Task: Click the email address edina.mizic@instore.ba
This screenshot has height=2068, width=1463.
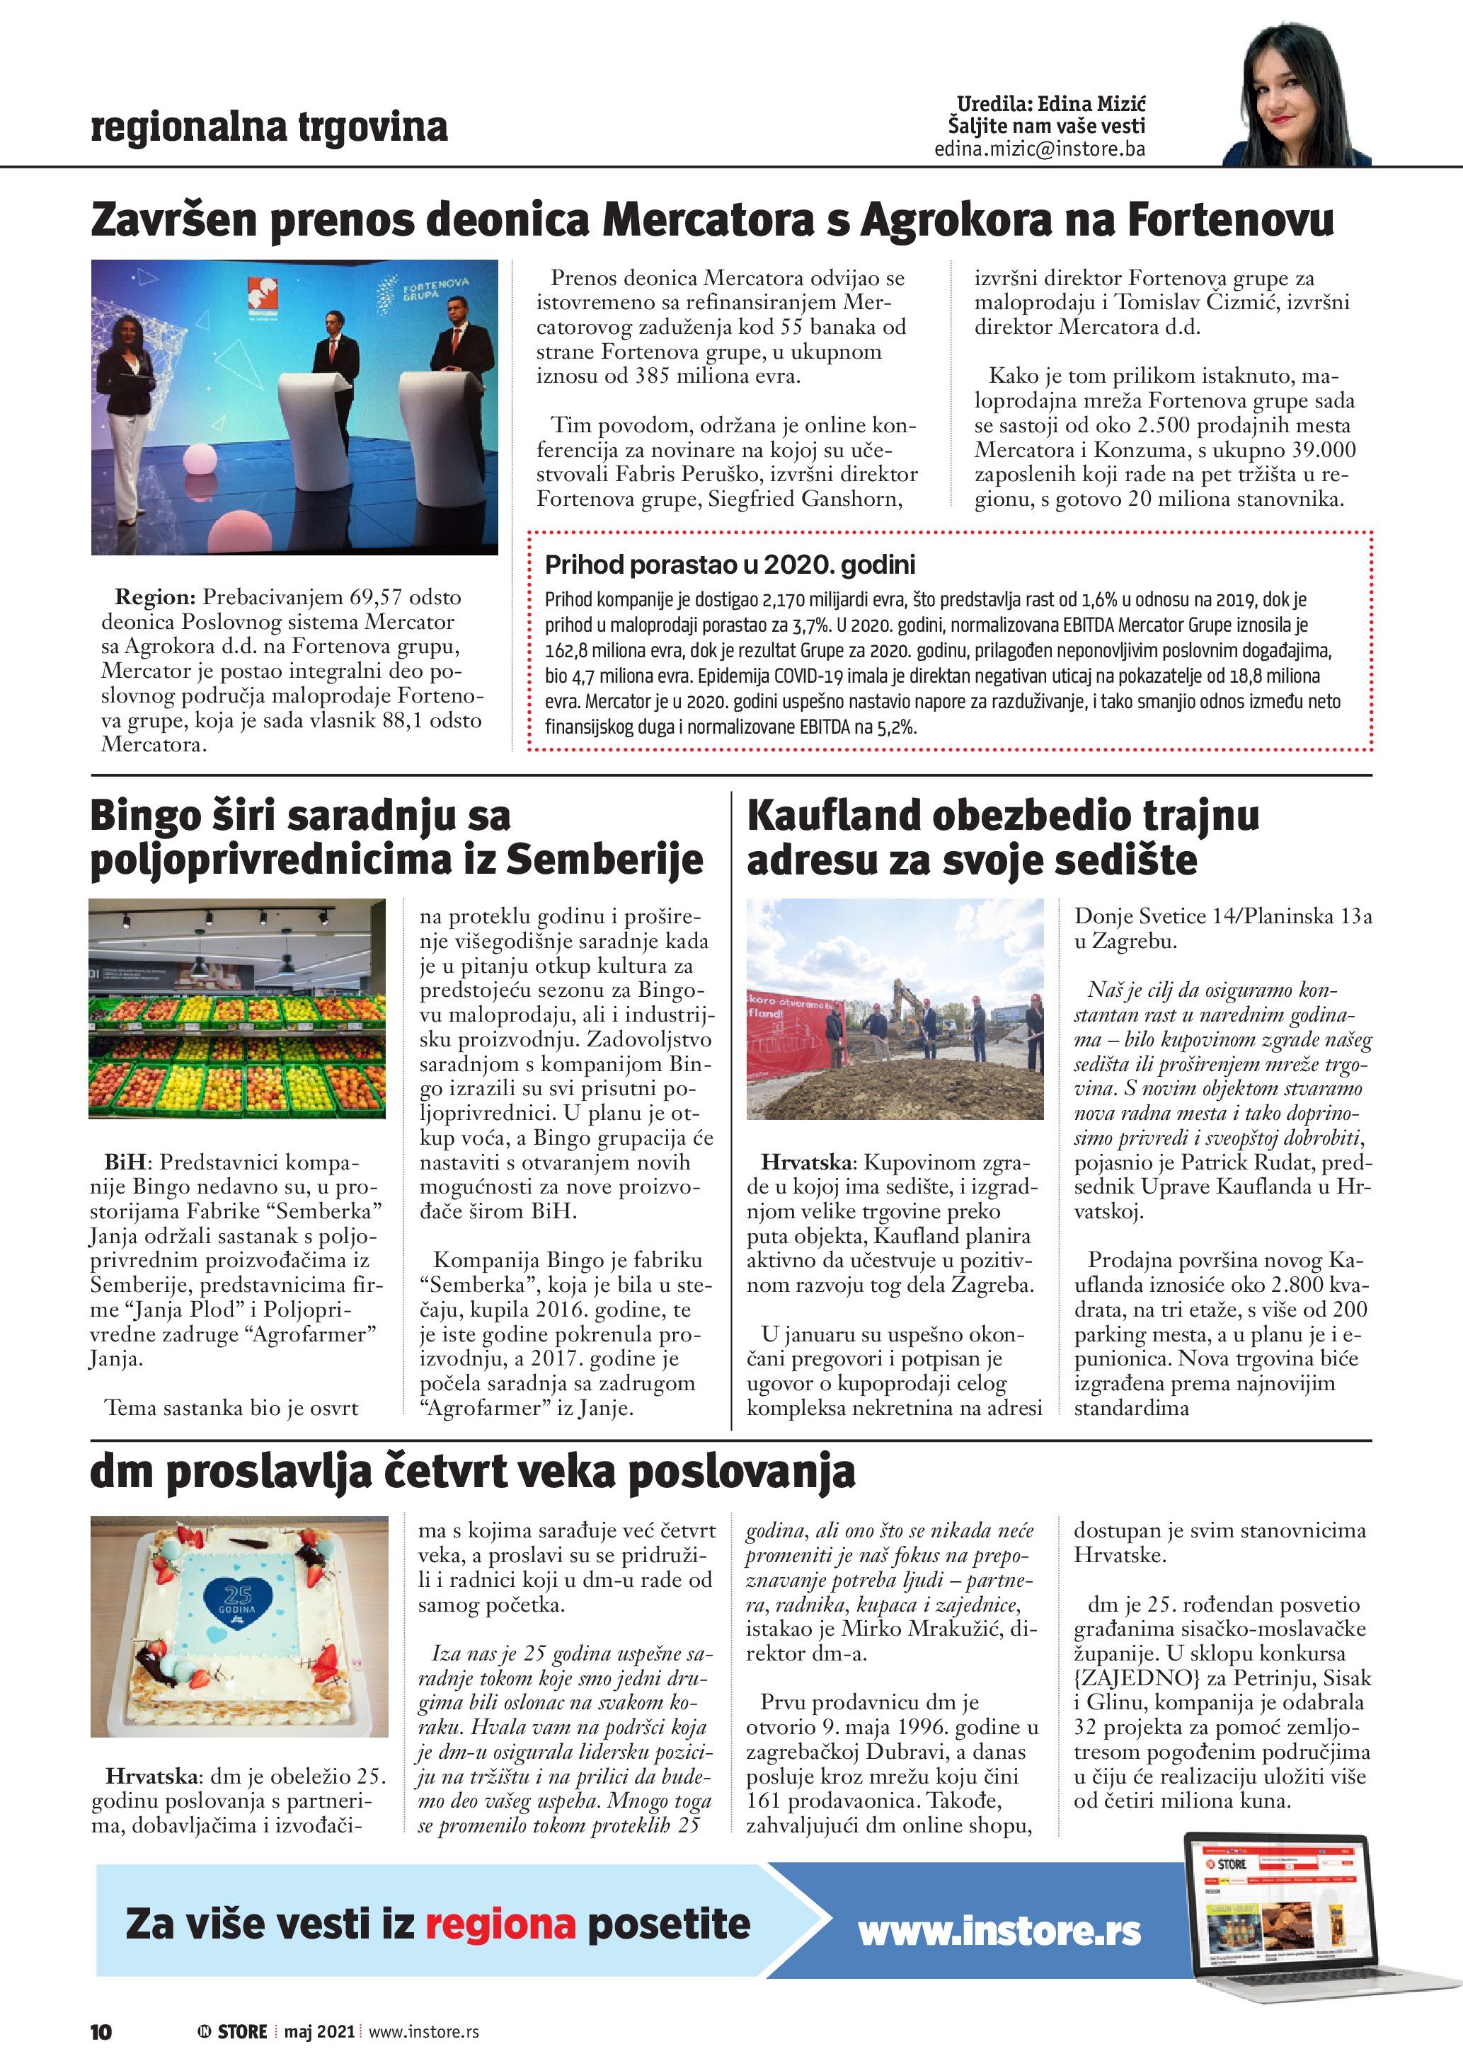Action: (1040, 149)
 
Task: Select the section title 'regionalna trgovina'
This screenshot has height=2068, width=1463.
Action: (268, 127)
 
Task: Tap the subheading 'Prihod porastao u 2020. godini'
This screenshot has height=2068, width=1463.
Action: (730, 565)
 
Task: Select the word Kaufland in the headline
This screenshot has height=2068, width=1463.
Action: (833, 815)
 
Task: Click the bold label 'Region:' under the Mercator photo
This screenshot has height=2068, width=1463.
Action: (155, 597)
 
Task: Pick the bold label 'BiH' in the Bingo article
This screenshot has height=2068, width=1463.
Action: (125, 1163)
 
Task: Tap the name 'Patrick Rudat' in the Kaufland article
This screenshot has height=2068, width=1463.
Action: (1251, 1163)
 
